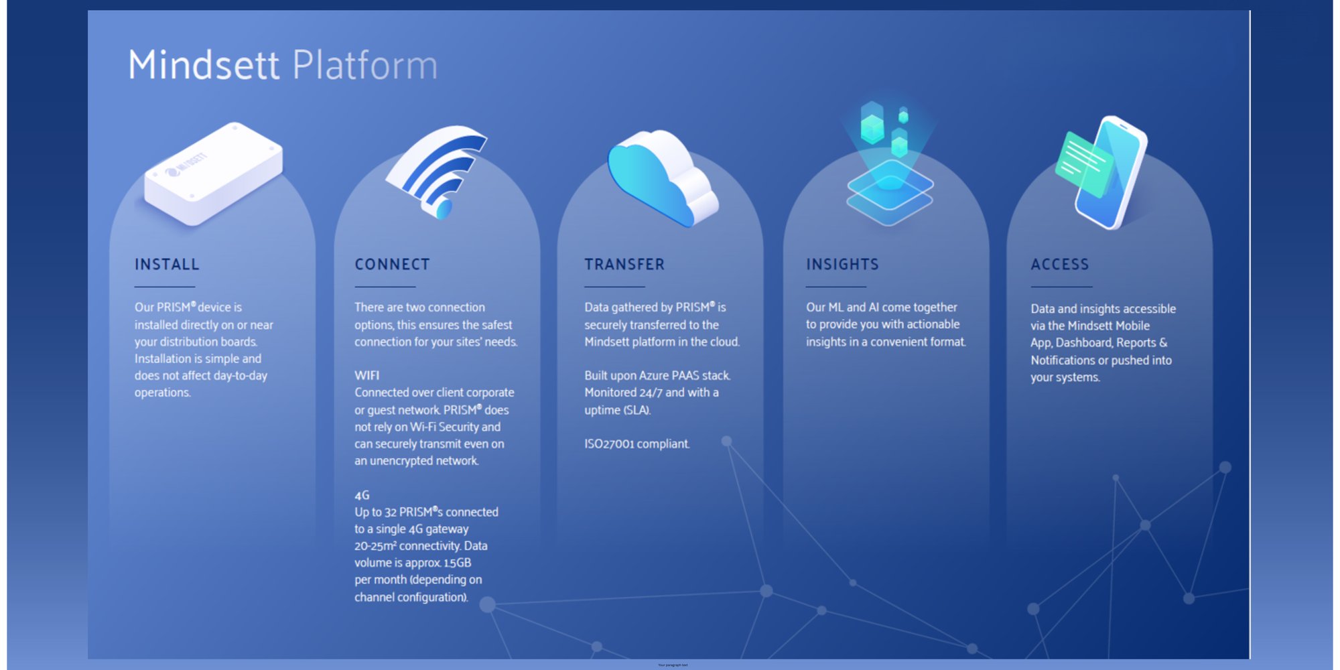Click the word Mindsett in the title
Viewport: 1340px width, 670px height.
pyautogui.click(x=204, y=65)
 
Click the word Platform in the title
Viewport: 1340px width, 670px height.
pyautogui.click(x=365, y=65)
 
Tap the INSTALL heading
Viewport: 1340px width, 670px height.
pyautogui.click(x=167, y=265)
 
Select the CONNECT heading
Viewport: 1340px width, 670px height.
pyautogui.click(x=392, y=265)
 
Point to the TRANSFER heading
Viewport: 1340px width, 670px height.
pyautogui.click(x=624, y=265)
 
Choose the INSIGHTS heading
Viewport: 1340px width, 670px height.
pyautogui.click(x=842, y=265)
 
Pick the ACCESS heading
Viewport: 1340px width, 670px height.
pyautogui.click(x=1060, y=265)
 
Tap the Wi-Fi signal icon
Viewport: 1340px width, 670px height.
pyautogui.click(x=439, y=171)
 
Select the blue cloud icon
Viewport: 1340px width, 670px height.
pyautogui.click(x=660, y=178)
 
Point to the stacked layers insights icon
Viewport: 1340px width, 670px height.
pyautogui.click(x=890, y=191)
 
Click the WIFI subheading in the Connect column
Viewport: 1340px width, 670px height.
pyautogui.click(x=366, y=375)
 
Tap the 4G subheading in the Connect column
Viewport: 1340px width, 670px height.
pyautogui.click(x=362, y=495)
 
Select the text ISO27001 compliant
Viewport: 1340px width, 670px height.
pyautogui.click(x=636, y=444)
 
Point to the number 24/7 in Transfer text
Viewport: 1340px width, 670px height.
pyautogui.click(x=650, y=393)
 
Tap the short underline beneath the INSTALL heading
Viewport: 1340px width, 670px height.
pyautogui.click(x=164, y=287)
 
